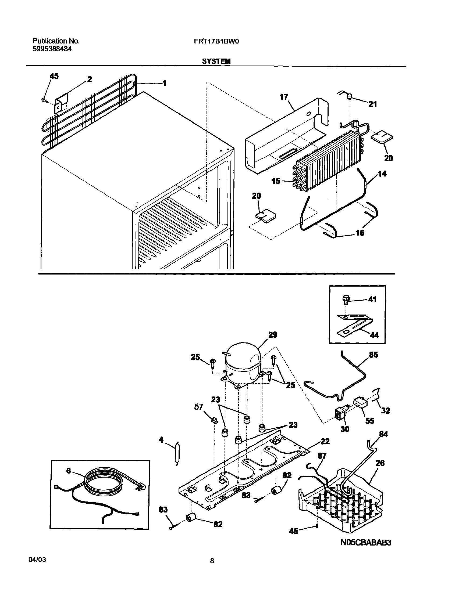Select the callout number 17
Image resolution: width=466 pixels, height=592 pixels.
[284, 97]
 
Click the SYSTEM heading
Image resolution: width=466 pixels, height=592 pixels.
[216, 62]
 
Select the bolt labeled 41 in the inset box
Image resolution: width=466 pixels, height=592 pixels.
[346, 300]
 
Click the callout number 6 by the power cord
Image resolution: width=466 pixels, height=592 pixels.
[69, 471]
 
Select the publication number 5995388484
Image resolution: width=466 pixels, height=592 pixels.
[52, 49]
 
